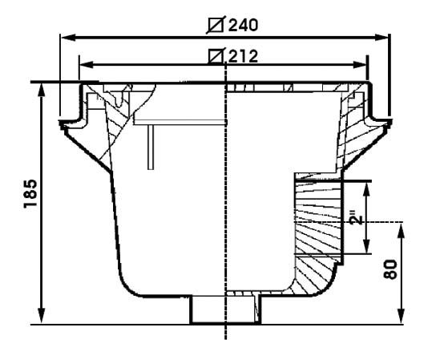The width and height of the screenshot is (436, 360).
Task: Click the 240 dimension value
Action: [243, 26]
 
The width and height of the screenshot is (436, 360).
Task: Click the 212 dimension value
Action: [243, 56]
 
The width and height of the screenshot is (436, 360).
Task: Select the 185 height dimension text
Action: [30, 194]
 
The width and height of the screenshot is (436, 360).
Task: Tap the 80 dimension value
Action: [390, 269]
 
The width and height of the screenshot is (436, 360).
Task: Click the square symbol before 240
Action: [216, 26]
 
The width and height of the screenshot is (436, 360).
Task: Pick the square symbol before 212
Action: [216, 56]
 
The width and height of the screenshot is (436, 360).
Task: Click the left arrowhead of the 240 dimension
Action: [68, 37]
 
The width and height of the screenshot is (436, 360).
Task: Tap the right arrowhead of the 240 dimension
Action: [381, 37]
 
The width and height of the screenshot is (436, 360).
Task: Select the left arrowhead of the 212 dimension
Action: [87, 65]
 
